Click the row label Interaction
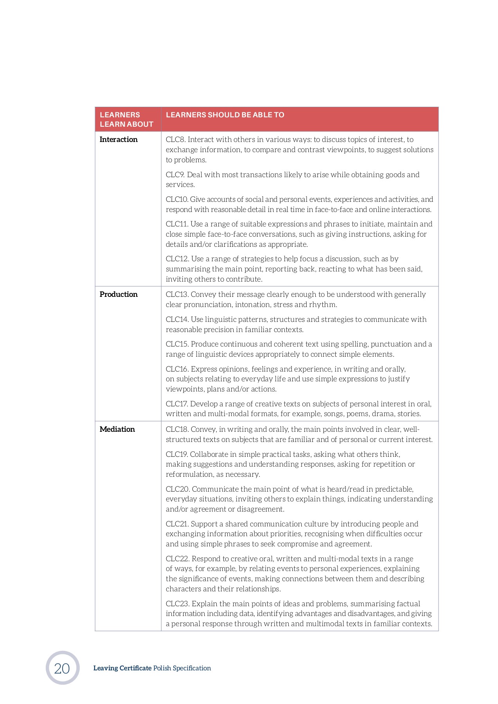(119, 140)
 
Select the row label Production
(119, 295)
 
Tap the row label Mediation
(117, 429)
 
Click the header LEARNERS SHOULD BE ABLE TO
(225, 115)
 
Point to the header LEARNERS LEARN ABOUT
(126, 120)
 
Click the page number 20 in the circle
(62, 668)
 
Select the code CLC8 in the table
(175, 140)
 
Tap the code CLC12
(177, 259)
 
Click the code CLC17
(177, 404)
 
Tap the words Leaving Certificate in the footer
(122, 668)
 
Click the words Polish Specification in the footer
(182, 668)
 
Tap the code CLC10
(177, 199)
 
